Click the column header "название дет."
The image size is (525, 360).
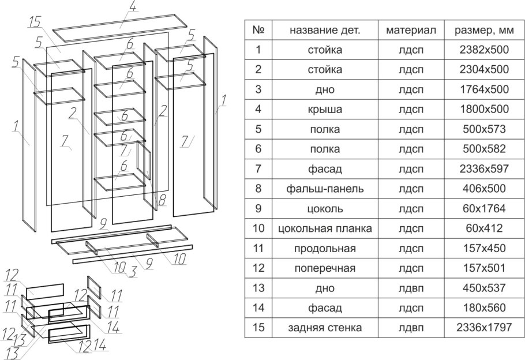click(325, 30)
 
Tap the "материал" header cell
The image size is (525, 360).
click(411, 30)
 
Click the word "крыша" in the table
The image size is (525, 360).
click(325, 109)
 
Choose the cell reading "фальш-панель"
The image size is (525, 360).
click(325, 189)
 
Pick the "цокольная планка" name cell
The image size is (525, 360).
click(325, 228)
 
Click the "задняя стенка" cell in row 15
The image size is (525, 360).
click(325, 328)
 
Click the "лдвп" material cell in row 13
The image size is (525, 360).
click(411, 288)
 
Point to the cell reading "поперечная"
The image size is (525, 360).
click(325, 268)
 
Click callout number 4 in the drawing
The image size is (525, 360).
click(132, 7)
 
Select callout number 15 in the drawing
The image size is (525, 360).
click(35, 22)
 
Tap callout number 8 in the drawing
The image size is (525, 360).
click(163, 201)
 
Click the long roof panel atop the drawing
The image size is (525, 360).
click(121, 27)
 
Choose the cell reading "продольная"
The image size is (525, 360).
click(325, 249)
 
